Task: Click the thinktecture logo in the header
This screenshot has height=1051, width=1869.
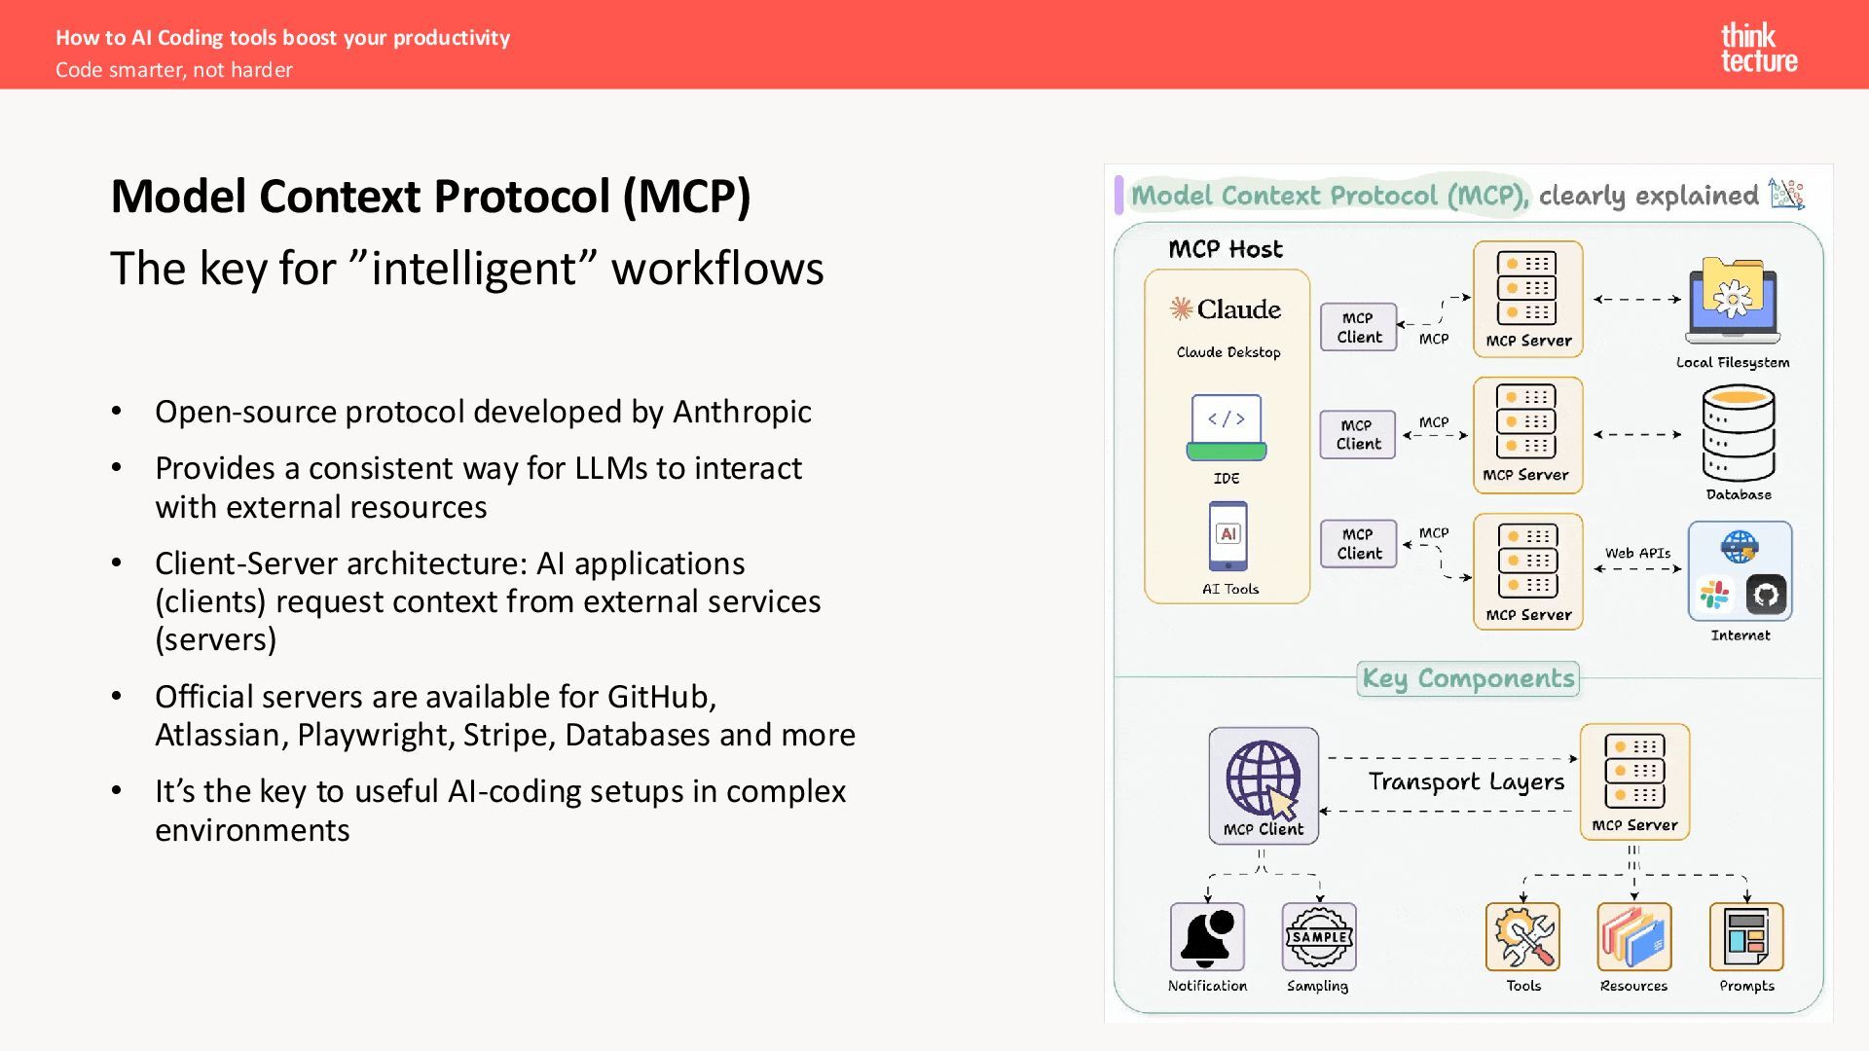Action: point(1758,49)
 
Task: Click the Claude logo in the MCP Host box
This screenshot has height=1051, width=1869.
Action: point(1226,309)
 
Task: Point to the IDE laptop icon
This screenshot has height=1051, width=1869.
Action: point(1226,427)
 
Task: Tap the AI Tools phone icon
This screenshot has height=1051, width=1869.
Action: point(1228,536)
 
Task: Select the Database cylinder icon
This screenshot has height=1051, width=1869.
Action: point(1739,434)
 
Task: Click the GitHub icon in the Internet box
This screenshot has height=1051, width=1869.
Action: point(1766,595)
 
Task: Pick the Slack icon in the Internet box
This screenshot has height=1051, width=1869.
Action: point(1715,595)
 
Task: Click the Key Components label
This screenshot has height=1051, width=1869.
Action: point(1468,678)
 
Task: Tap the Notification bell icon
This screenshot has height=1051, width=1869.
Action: point(1207,936)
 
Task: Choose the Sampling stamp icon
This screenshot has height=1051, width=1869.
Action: point(1318,936)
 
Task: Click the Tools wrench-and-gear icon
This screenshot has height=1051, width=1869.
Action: point(1522,936)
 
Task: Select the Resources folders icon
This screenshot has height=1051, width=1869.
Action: point(1633,936)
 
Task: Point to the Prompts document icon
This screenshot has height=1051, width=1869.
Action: point(1746,936)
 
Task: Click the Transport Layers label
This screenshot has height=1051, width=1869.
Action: point(1466,782)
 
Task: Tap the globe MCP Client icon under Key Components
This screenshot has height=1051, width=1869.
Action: point(1264,779)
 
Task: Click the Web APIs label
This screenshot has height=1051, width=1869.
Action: point(1637,553)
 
